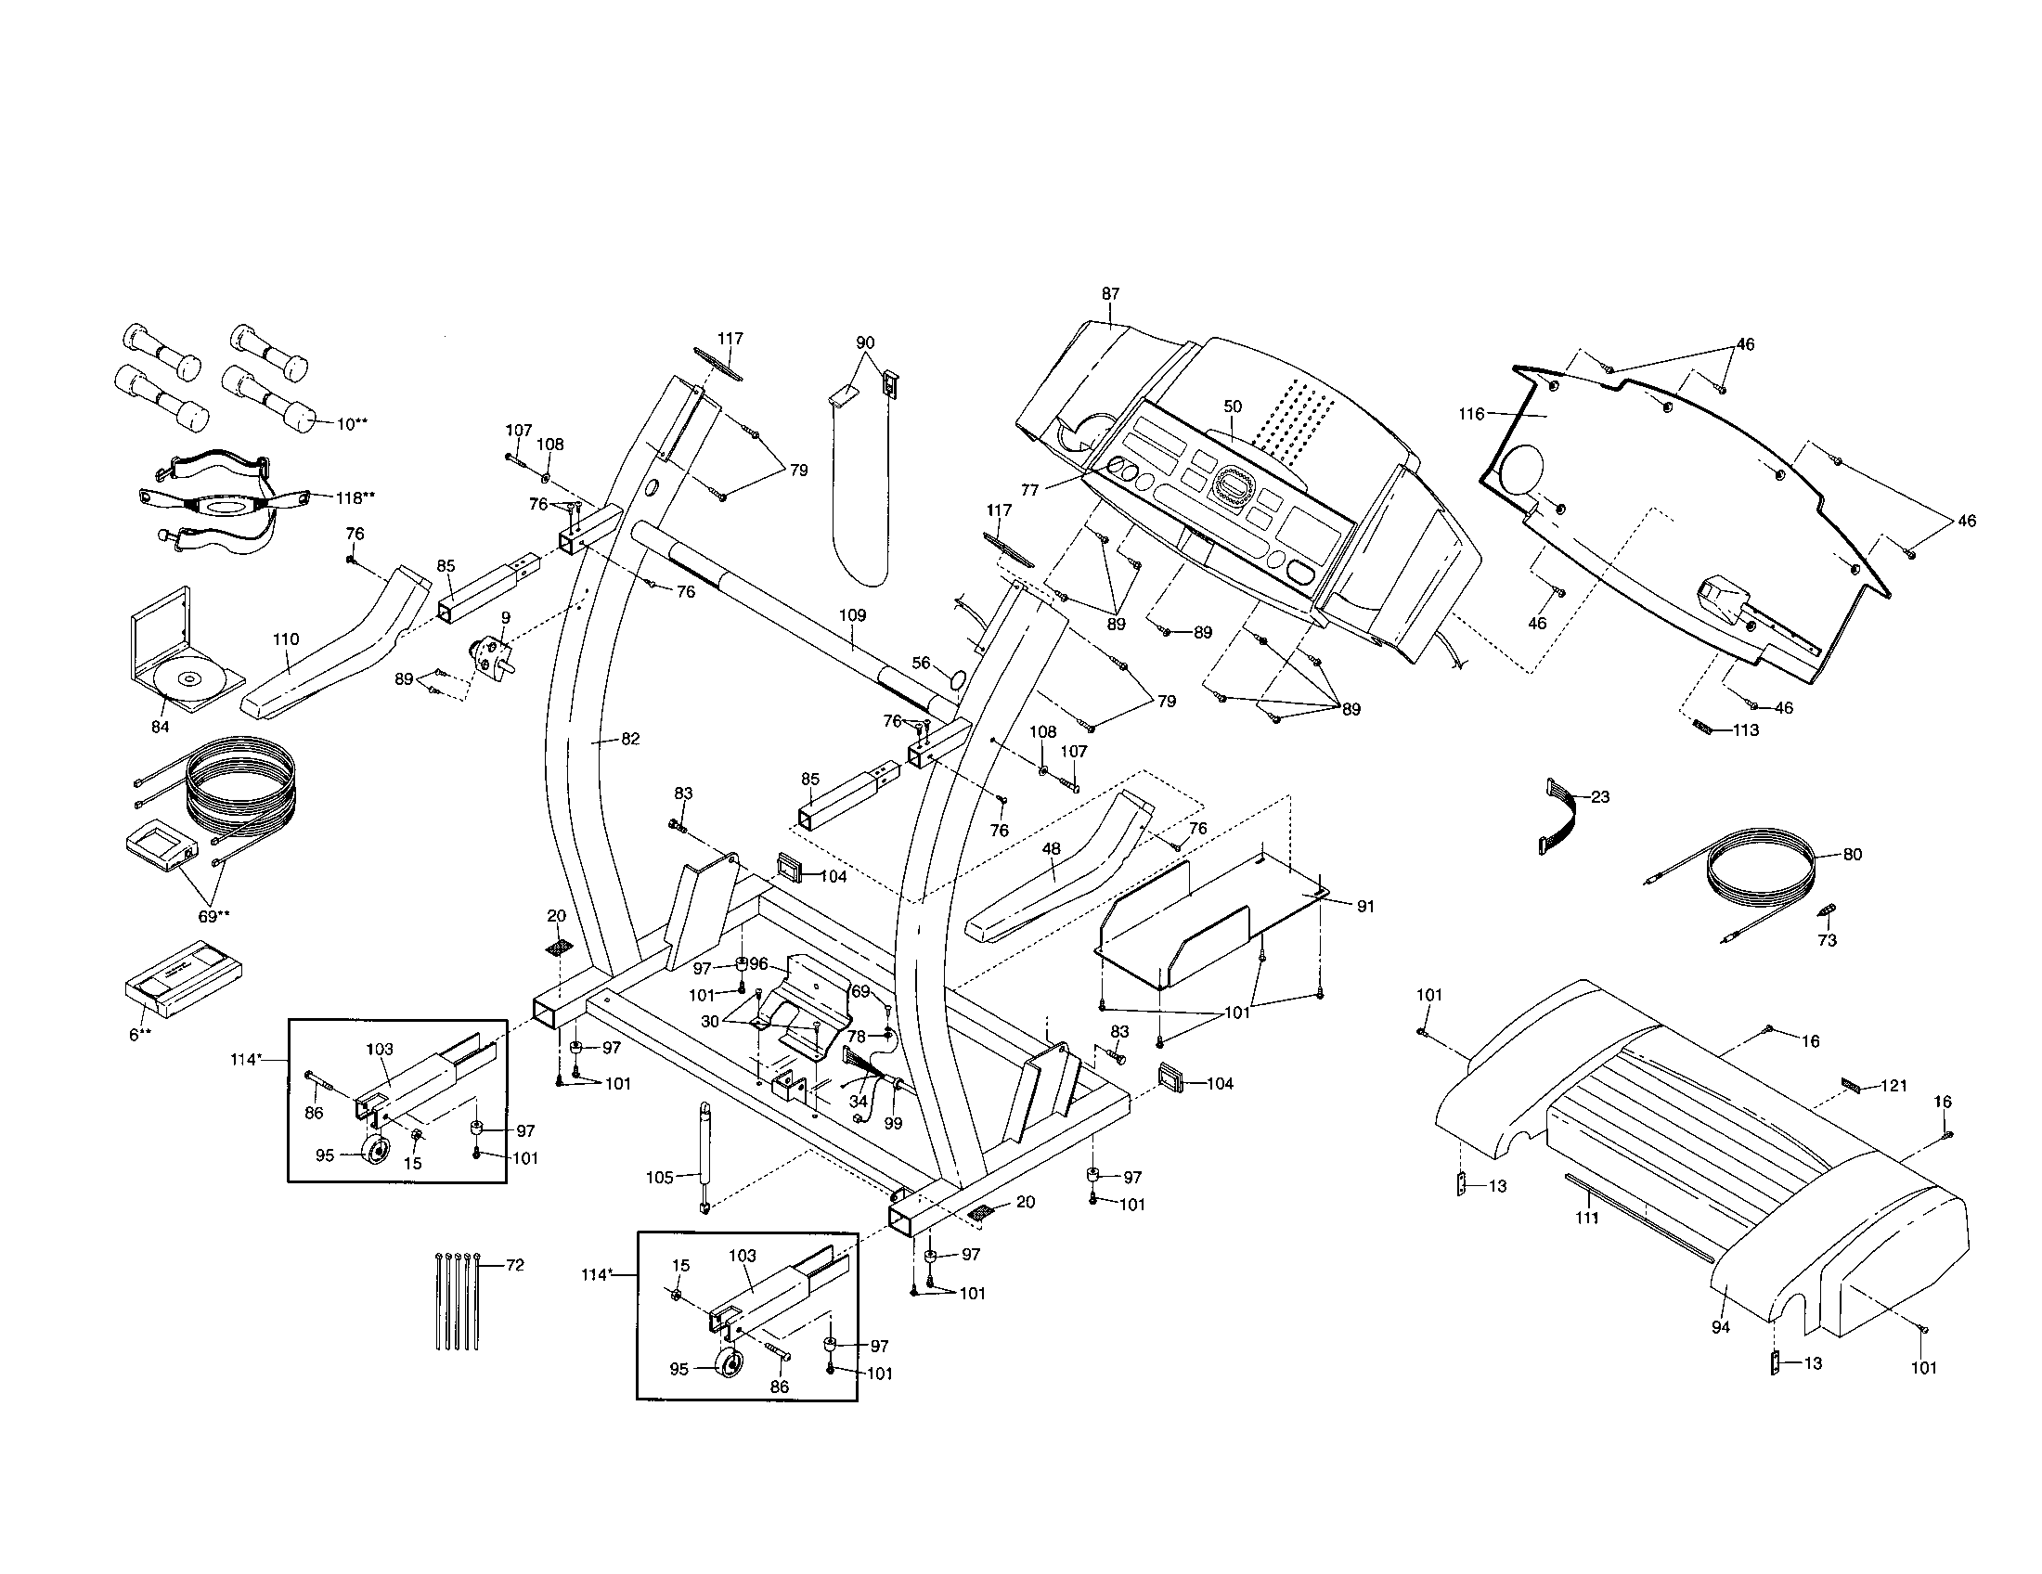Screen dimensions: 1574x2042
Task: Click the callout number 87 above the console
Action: point(1110,293)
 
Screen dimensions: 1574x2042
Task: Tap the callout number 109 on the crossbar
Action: point(852,616)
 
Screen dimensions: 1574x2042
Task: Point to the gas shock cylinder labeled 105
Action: point(701,1155)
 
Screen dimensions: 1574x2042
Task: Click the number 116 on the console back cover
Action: point(1471,414)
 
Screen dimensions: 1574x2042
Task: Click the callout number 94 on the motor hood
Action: point(1720,1326)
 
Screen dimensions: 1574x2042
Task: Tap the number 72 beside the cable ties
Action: point(514,1266)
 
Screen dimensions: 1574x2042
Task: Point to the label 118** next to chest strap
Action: point(355,497)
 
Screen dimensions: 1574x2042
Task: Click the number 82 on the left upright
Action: point(630,739)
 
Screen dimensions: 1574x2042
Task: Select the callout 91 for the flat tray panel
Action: point(1365,907)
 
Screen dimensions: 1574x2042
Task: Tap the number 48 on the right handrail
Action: point(1052,848)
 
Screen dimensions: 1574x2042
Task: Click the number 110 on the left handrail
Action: point(286,639)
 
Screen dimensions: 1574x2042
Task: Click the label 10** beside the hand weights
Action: point(352,424)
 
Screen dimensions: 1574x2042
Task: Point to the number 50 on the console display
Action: point(1233,406)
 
